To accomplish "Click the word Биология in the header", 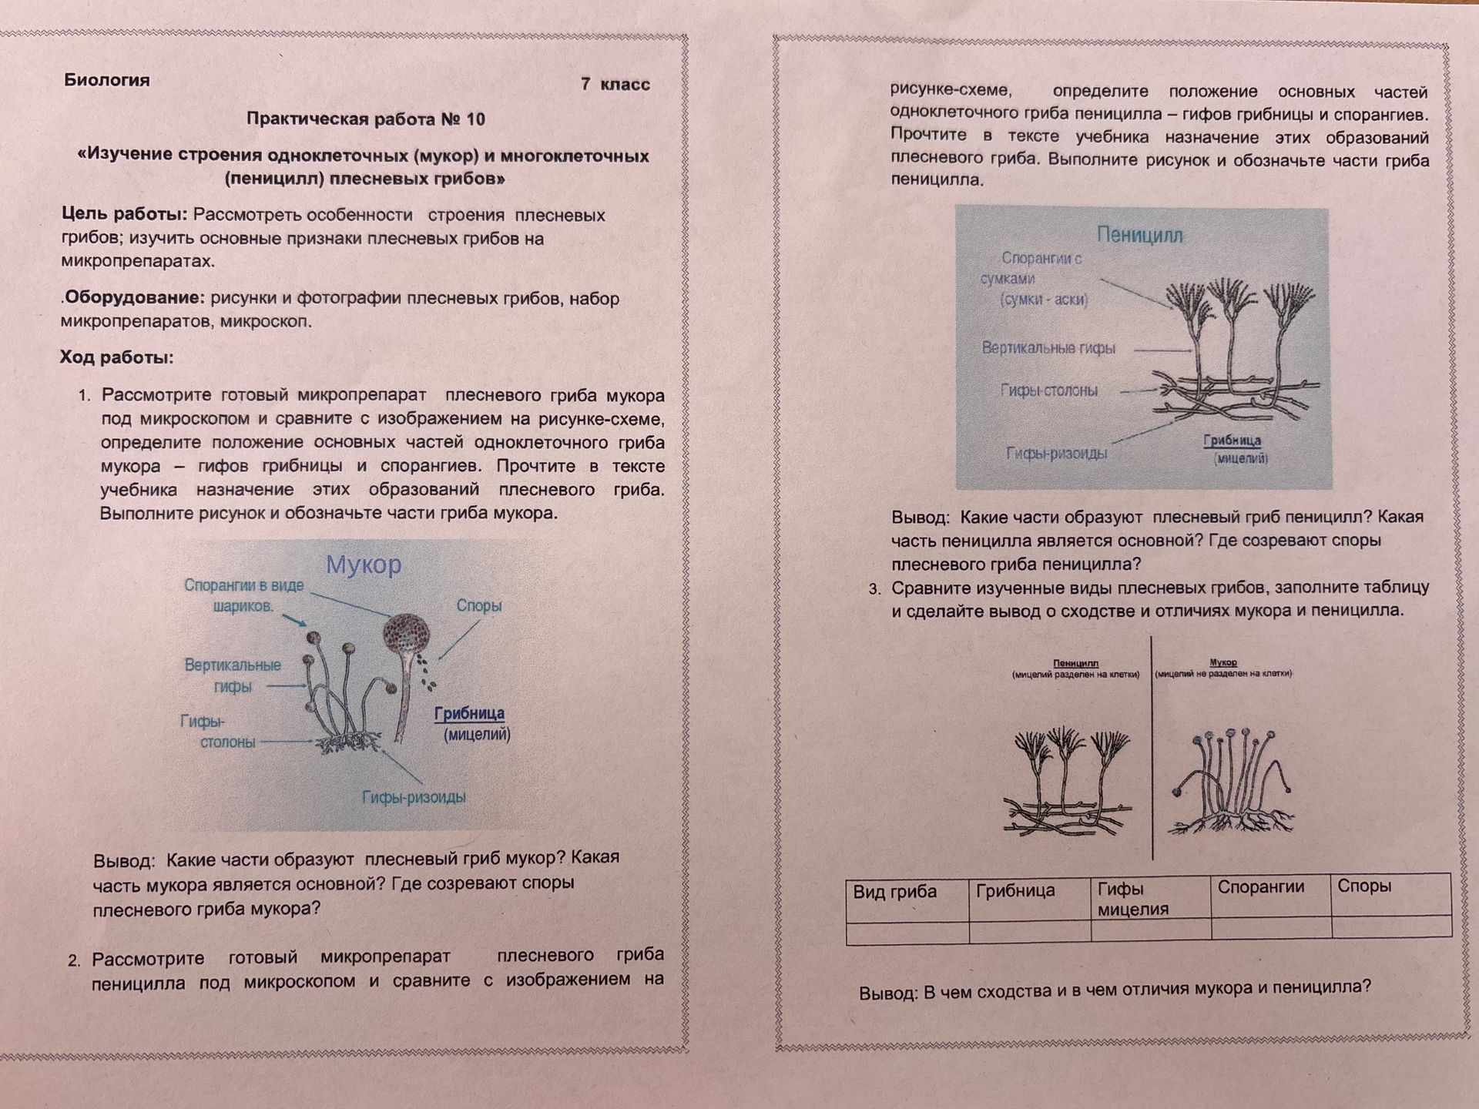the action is [x=107, y=80].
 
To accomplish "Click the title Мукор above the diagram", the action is [x=364, y=565].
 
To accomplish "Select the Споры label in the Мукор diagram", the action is [x=478, y=605].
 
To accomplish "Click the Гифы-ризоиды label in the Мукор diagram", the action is [x=414, y=797].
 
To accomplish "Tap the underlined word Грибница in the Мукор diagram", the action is [x=469, y=714].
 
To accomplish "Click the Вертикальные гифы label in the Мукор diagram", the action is [x=233, y=675].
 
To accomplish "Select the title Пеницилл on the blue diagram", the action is [x=1139, y=235].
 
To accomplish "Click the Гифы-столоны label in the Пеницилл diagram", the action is [x=1049, y=390].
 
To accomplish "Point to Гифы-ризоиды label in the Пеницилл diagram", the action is [x=1057, y=453].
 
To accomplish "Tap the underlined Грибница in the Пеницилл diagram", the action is [x=1232, y=441].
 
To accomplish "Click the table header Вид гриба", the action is [x=894, y=892].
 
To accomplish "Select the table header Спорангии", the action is [x=1261, y=886].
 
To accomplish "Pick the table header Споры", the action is [x=1364, y=886].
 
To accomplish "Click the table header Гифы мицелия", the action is [x=1133, y=899].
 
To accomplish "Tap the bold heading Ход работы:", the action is [x=117, y=357].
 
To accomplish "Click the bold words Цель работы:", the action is [x=125, y=215].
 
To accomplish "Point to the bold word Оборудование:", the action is [x=134, y=298].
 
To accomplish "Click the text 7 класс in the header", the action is [x=615, y=85].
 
